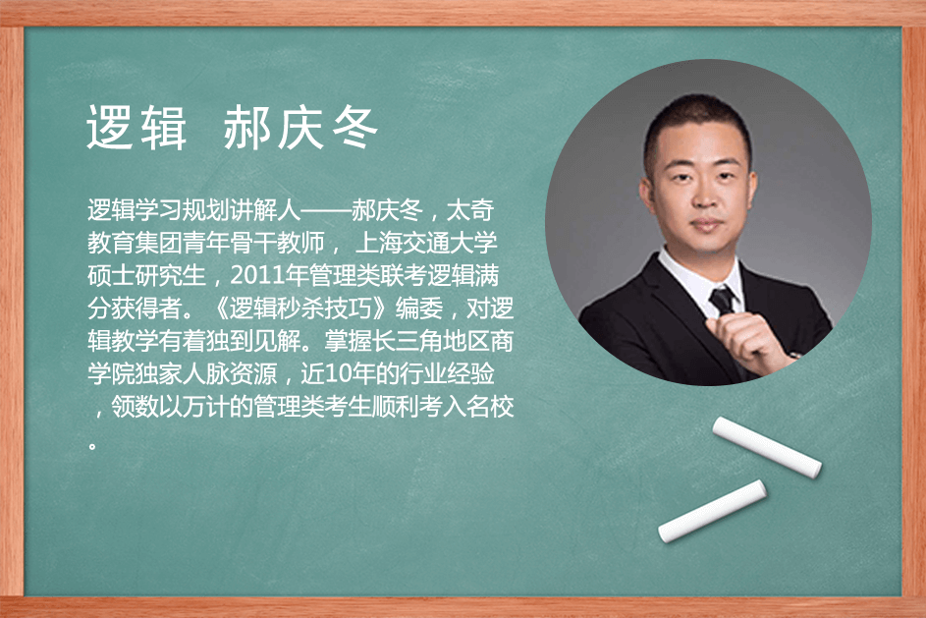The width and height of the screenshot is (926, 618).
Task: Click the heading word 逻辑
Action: [x=136, y=128]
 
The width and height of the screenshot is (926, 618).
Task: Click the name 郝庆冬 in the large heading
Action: [x=300, y=128]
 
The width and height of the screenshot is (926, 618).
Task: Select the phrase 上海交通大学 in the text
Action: [x=426, y=243]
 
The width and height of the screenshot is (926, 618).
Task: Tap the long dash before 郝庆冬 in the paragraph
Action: [x=327, y=211]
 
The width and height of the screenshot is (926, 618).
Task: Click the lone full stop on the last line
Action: [x=92, y=445]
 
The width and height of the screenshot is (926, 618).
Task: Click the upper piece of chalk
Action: [x=767, y=447]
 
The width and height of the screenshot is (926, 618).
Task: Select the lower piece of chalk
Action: [x=712, y=512]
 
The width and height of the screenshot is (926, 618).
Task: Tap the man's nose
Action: [x=705, y=197]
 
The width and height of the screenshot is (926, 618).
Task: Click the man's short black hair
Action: [x=697, y=121]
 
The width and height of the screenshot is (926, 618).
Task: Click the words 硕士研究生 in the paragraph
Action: [x=146, y=276]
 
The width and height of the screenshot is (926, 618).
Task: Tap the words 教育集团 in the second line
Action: [x=135, y=243]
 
